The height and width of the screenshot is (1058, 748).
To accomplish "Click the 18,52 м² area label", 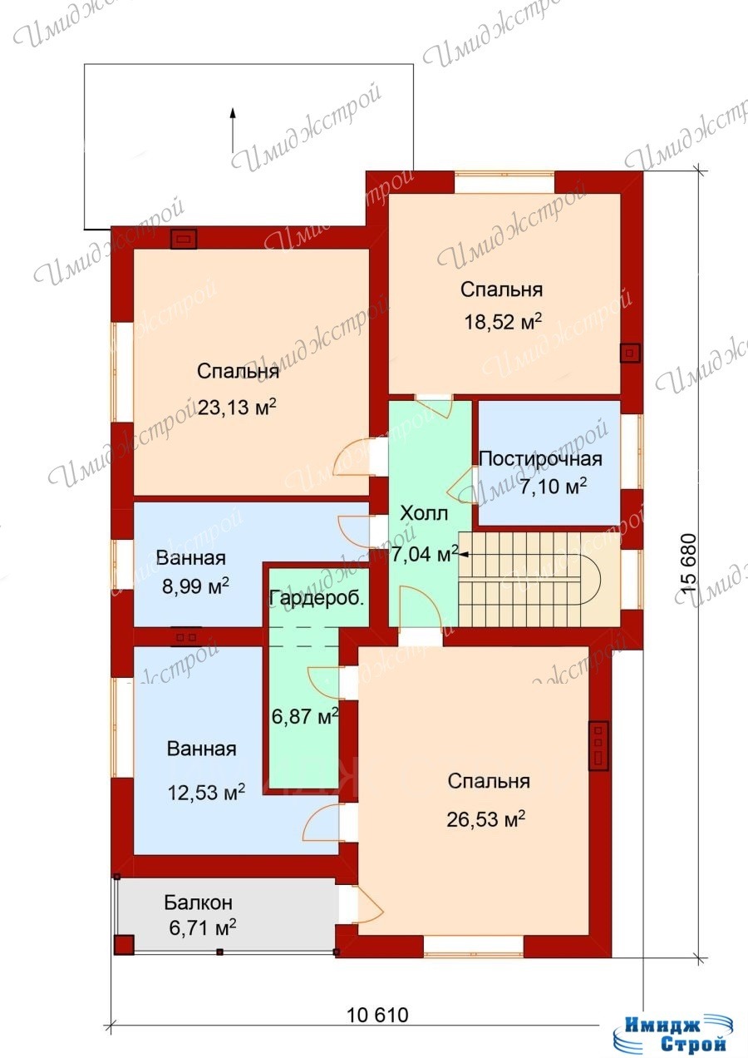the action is (x=503, y=322).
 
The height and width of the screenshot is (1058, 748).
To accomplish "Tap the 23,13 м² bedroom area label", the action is (x=236, y=407).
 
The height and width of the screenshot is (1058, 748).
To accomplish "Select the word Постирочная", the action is (x=541, y=458).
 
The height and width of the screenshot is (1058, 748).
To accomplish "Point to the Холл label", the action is (x=424, y=513).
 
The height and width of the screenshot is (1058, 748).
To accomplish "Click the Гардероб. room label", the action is (x=317, y=599).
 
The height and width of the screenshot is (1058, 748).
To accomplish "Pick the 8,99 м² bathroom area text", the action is (x=195, y=586).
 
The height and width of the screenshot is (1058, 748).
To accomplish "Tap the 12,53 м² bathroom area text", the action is (x=206, y=792).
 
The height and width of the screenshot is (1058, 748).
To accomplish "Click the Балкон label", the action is (x=198, y=902).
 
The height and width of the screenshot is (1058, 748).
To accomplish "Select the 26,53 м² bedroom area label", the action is (x=486, y=819).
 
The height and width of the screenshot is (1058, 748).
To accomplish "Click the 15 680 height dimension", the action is (x=688, y=563).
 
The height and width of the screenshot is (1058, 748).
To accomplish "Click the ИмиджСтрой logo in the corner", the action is (x=675, y=1033).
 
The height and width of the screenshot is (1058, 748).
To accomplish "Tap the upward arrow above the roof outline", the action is (x=232, y=129).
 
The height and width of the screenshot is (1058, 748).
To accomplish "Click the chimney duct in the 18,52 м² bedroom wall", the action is (x=629, y=353).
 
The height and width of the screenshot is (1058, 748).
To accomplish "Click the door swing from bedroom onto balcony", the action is (x=370, y=903).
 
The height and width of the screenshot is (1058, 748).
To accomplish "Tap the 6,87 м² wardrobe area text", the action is (x=305, y=716).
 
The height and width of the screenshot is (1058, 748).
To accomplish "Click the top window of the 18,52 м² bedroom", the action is (x=504, y=182).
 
